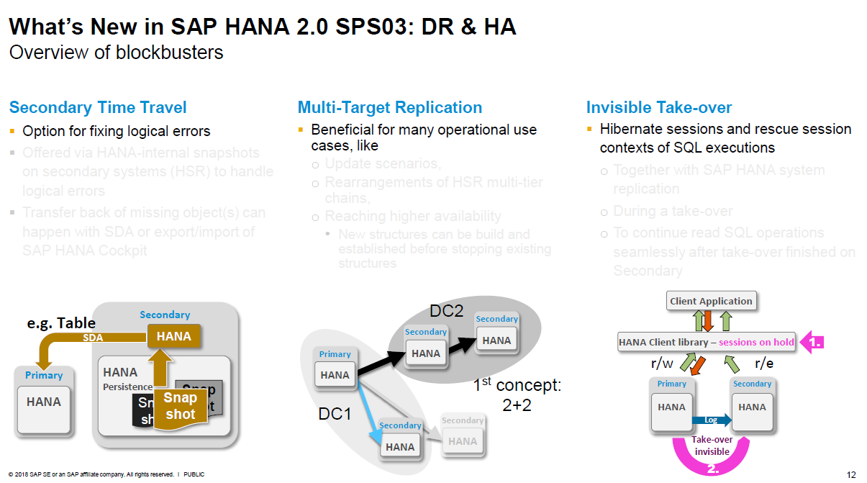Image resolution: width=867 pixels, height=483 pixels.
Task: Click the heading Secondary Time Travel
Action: pos(98,108)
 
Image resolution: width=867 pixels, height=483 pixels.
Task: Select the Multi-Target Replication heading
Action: pos(390,108)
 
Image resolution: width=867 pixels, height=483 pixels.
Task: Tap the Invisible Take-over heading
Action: pos(659,108)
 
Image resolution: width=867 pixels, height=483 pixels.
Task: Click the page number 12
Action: pos(851,474)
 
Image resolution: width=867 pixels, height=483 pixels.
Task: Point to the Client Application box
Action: pos(711,301)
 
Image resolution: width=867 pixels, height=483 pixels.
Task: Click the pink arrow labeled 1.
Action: pos(812,343)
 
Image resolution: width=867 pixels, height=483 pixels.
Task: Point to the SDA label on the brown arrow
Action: pos(93,337)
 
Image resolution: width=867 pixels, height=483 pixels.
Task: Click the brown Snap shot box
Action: pos(180,406)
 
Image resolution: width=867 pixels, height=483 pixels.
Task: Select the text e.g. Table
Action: pos(61,323)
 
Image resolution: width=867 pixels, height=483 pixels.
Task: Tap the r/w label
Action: pos(662,364)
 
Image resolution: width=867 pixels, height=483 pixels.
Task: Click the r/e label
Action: pos(763,364)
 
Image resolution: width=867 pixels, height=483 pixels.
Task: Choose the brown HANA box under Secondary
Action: pos(173,336)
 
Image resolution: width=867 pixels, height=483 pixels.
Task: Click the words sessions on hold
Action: pos(756,343)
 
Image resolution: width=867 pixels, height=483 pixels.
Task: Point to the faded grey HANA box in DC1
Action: pos(463,441)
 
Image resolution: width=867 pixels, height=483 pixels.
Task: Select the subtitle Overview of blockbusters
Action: pos(116,53)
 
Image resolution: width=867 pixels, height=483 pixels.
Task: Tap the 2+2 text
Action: pos(517,405)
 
